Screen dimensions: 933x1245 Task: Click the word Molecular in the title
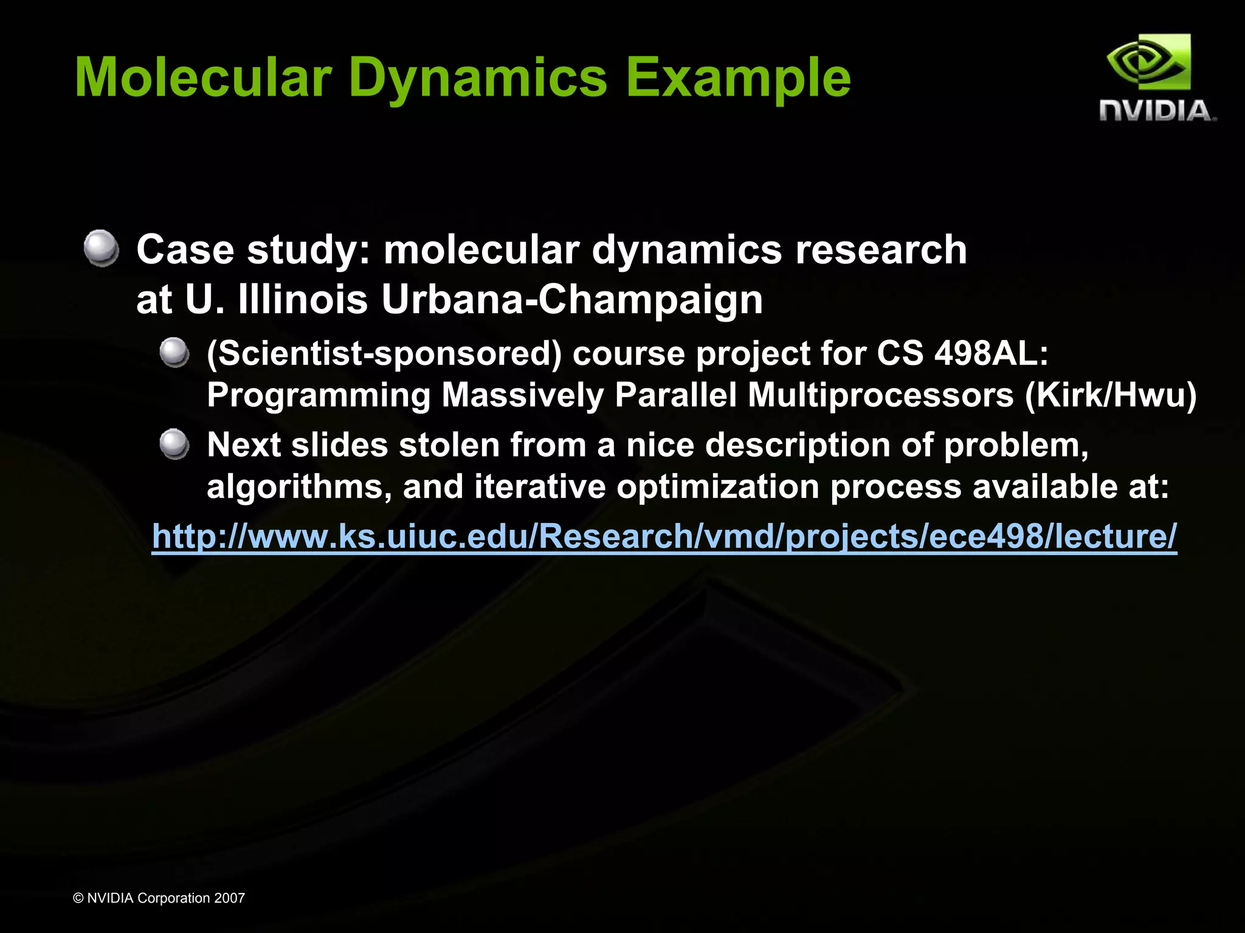tap(203, 78)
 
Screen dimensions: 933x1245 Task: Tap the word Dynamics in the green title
tap(478, 78)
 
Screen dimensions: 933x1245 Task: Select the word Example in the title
tap(738, 78)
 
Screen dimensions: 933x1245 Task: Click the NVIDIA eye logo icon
tap(1148, 63)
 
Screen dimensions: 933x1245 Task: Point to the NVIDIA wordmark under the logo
tap(1157, 111)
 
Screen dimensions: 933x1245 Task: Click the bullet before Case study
tap(102, 248)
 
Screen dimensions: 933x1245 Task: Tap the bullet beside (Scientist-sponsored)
tap(175, 353)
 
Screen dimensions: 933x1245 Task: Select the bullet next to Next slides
tap(175, 444)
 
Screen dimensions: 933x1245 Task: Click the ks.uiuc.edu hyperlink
tap(664, 536)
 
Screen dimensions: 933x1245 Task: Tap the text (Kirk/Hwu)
tap(1111, 395)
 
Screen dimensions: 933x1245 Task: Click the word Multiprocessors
tap(880, 395)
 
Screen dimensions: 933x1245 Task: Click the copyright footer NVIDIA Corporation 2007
tap(159, 898)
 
